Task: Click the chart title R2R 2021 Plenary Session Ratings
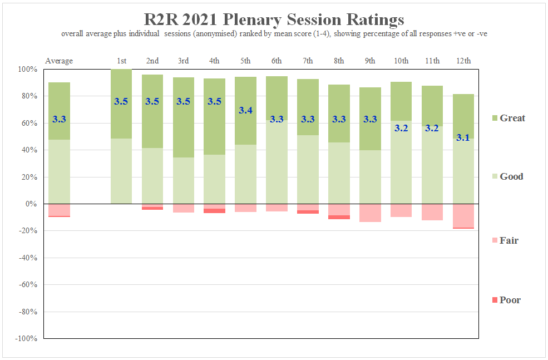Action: coord(274,19)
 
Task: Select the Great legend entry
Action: coord(512,118)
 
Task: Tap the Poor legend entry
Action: coord(510,300)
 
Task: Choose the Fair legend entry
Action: coord(509,240)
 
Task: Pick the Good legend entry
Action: coord(511,176)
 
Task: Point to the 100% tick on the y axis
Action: coord(27,70)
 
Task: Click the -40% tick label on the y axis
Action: coord(27,258)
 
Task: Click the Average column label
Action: coord(59,61)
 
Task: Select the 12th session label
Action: coord(463,61)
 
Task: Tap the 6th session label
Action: coord(277,61)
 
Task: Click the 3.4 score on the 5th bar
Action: coord(245,110)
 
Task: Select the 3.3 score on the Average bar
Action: coord(59,119)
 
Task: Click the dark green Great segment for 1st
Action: coord(121,89)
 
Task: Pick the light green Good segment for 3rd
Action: coord(184,181)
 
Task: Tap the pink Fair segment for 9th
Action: coord(370,213)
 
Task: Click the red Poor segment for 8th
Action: coord(339,217)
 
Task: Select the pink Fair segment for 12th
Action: coord(463,215)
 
